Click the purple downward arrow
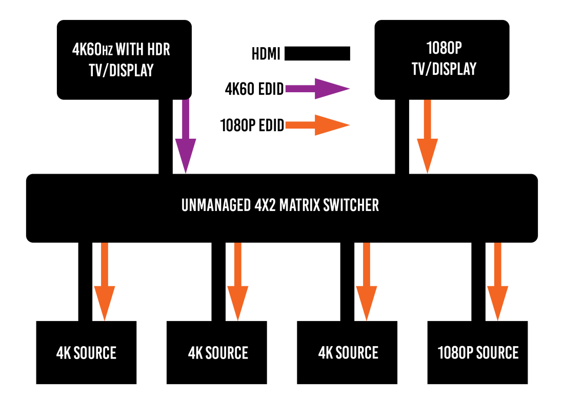[186, 138]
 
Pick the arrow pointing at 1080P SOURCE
[497, 282]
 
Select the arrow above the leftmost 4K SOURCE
[105, 282]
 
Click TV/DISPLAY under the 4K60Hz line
[121, 70]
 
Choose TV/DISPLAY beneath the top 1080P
[444, 69]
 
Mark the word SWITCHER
[351, 205]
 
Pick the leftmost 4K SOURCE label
[86, 353]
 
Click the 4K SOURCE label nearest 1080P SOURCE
[348, 353]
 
